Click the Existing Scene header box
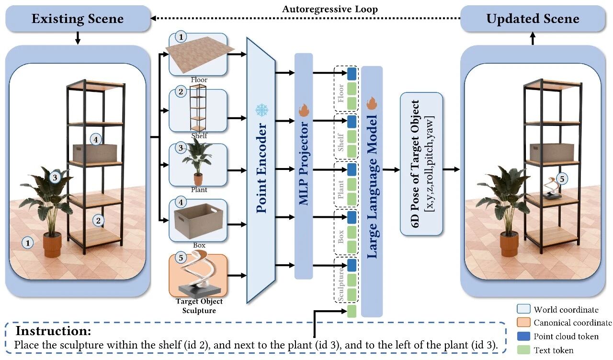click(x=78, y=19)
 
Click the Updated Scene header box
click(x=533, y=19)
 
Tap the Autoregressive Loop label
click(x=330, y=9)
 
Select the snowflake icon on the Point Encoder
click(x=262, y=110)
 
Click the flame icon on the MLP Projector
click(x=304, y=110)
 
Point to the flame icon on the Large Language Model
click(x=372, y=103)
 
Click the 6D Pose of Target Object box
click(x=421, y=164)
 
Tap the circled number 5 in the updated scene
click(x=562, y=179)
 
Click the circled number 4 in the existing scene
click(x=95, y=140)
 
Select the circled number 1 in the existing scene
click(x=28, y=243)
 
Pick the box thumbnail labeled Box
click(x=198, y=221)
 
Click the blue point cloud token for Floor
click(x=352, y=74)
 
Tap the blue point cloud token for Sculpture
click(x=352, y=265)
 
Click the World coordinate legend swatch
click(x=523, y=309)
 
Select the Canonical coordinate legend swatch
click(x=523, y=323)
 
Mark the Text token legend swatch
click(x=523, y=350)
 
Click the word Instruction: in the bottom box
click(x=53, y=331)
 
